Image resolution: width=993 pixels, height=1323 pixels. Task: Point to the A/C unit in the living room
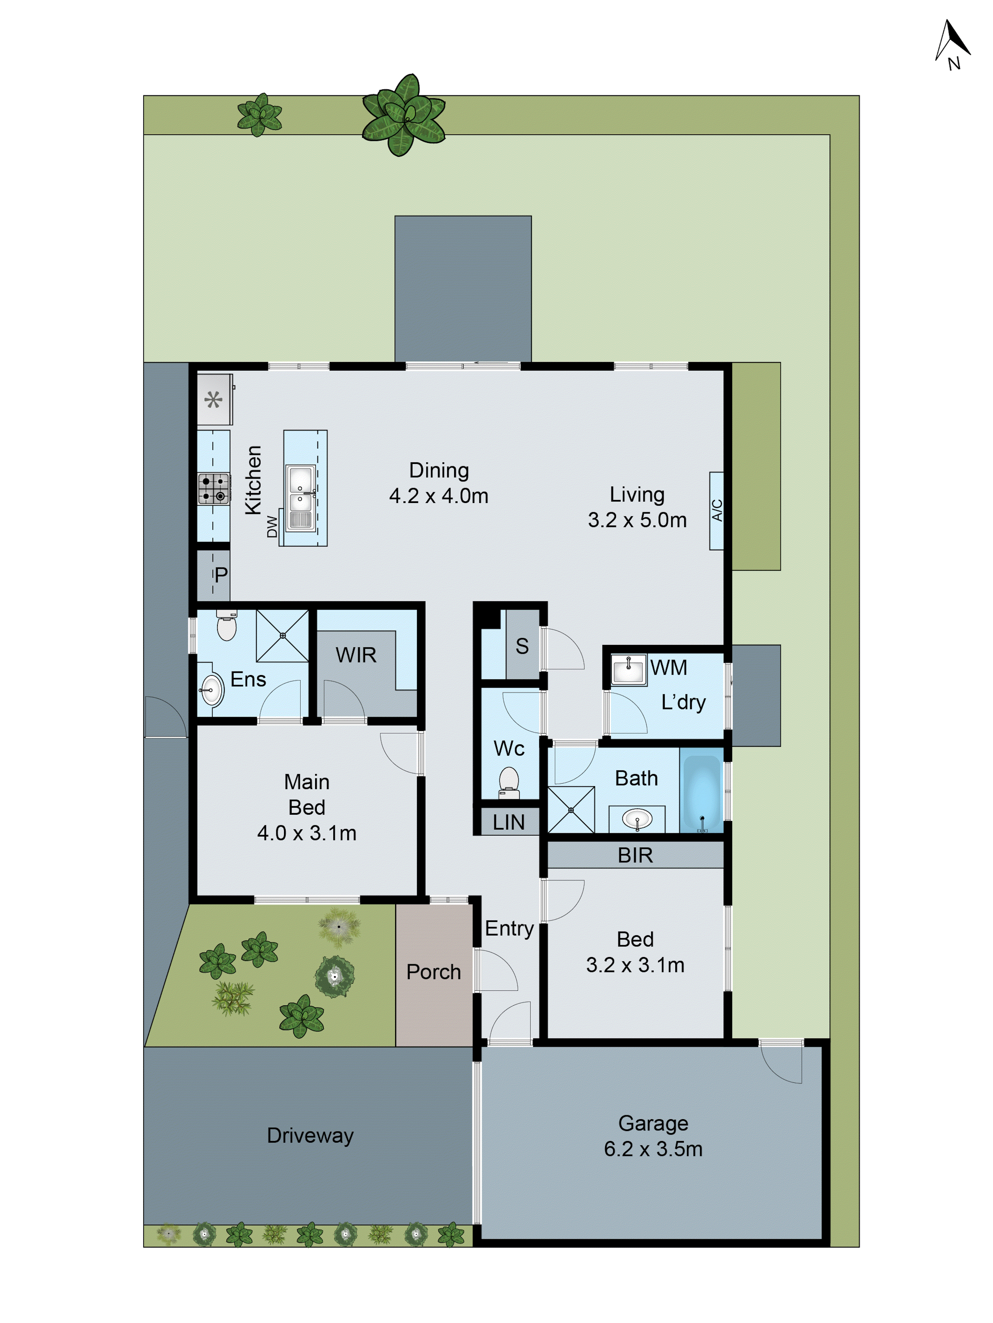pyautogui.click(x=716, y=510)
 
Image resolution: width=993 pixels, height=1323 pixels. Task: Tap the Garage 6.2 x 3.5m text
pyautogui.click(x=653, y=1136)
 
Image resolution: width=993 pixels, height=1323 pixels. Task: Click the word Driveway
pyautogui.click(x=310, y=1135)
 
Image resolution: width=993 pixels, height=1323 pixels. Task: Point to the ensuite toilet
pyautogui.click(x=227, y=626)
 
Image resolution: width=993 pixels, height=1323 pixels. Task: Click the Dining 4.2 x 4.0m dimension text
pyautogui.click(x=439, y=483)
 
